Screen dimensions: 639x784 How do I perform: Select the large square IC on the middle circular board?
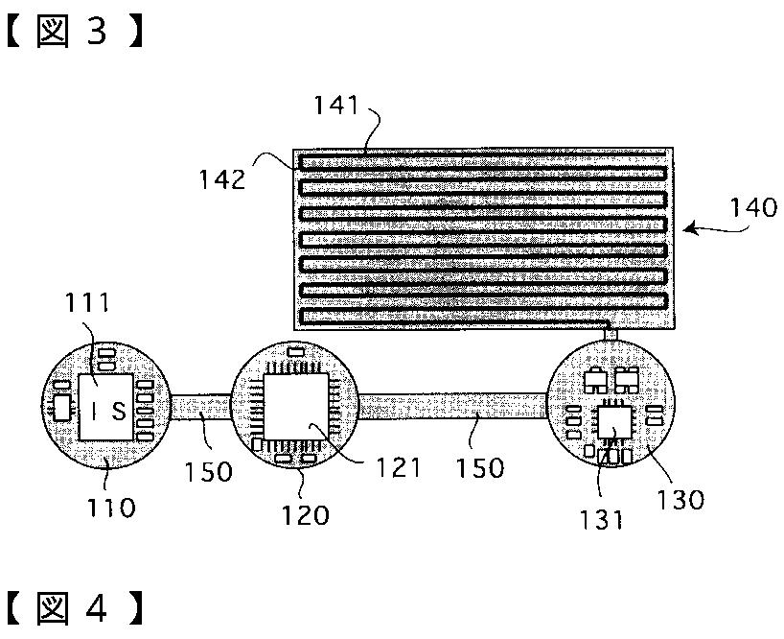(x=294, y=408)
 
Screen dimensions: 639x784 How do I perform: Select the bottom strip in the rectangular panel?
(x=482, y=315)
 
